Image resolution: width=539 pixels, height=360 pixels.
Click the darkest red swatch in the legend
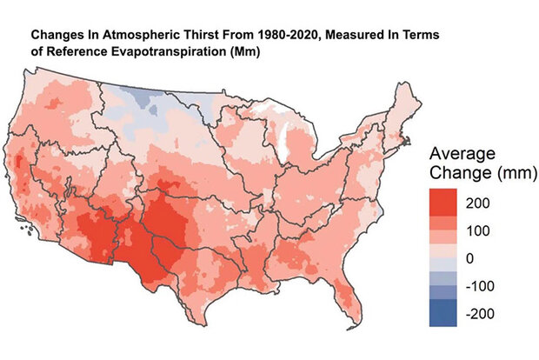[444, 203]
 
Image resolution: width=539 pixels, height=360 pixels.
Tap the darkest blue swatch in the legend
[444, 313]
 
